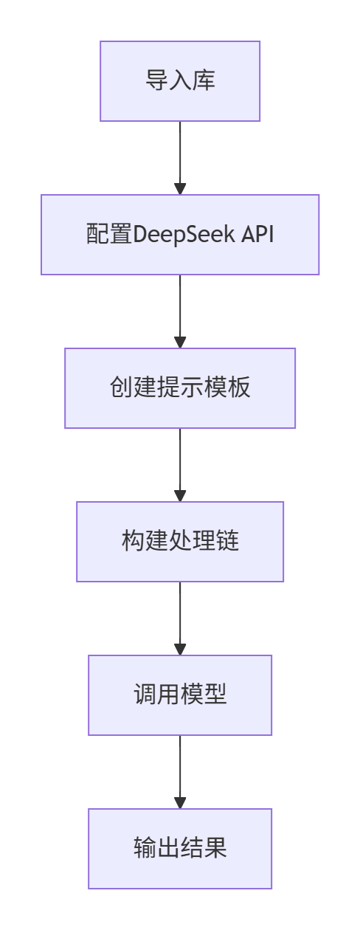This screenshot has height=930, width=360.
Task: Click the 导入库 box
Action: click(x=180, y=81)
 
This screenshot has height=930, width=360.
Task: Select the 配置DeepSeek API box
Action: click(x=180, y=235)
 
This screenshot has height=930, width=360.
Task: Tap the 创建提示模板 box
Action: click(x=180, y=388)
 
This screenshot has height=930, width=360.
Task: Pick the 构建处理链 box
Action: click(x=180, y=542)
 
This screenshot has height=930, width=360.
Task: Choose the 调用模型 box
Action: click(x=180, y=695)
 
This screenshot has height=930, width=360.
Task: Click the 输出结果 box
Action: click(x=180, y=849)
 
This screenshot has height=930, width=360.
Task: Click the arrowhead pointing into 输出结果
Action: click(x=180, y=802)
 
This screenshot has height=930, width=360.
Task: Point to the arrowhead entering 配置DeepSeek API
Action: click(x=180, y=188)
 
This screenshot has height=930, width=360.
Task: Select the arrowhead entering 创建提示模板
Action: click(x=180, y=342)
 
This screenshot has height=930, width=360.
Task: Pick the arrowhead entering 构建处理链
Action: click(x=180, y=495)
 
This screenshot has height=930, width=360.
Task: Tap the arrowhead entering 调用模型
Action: click(x=180, y=649)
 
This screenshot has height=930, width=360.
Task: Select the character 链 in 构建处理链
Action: click(x=227, y=542)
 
